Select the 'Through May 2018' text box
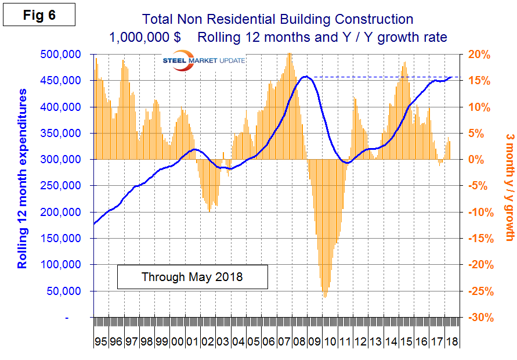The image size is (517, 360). point(192,277)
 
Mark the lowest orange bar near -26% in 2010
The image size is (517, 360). point(324,296)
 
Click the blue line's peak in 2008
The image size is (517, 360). point(306,77)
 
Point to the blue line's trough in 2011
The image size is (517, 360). point(346,163)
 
